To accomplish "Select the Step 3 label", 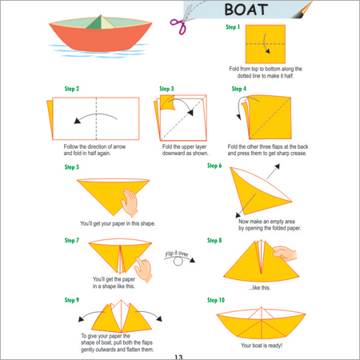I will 166,88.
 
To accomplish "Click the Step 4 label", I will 239,88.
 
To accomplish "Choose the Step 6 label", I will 215,166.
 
